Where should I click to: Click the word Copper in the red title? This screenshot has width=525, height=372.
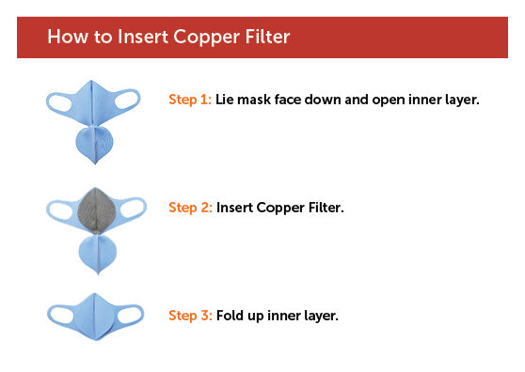[x=207, y=38]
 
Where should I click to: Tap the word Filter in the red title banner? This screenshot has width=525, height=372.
[x=267, y=37]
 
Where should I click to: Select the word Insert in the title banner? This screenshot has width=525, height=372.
[x=143, y=37]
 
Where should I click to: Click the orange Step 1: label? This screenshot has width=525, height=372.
[x=190, y=100]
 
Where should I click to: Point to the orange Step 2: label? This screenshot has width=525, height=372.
[x=190, y=208]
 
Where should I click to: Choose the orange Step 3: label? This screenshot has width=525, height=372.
[x=190, y=316]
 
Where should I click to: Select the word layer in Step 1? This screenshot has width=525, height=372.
[x=462, y=101]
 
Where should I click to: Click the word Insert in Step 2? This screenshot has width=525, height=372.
[x=234, y=208]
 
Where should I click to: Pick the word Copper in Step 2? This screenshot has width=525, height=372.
[x=280, y=209]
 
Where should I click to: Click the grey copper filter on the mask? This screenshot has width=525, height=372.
[x=97, y=210]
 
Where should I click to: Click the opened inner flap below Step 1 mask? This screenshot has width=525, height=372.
[x=94, y=144]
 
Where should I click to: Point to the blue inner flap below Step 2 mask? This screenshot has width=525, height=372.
[x=98, y=254]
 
